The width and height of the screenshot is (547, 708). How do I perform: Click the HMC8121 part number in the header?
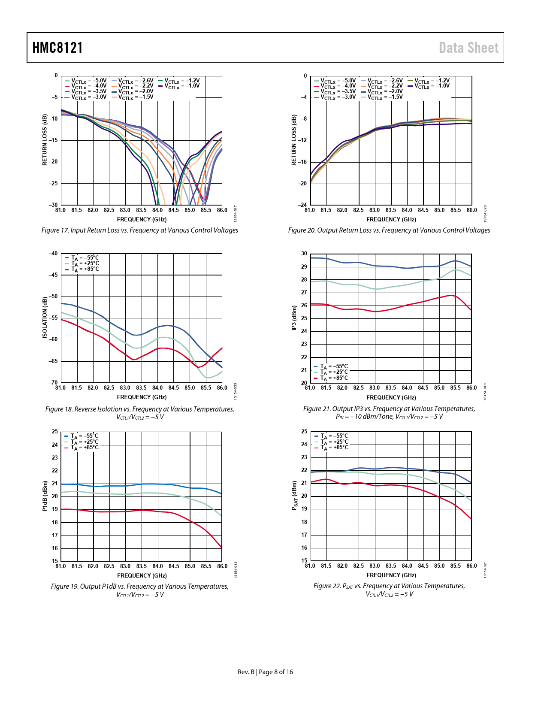click(57, 48)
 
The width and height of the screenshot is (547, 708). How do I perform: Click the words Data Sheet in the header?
click(468, 48)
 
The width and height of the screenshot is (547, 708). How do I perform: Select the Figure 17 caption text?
click(140, 230)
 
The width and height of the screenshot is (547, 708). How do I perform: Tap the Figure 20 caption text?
click(389, 230)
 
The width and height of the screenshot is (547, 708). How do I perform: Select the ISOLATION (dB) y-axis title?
click(45, 318)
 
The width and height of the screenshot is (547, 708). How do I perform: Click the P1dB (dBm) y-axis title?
click(45, 496)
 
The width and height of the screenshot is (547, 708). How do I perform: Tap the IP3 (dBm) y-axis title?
click(294, 318)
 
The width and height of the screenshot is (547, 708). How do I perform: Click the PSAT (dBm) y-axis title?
click(294, 496)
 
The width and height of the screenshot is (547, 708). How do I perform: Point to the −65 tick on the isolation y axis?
click(53, 361)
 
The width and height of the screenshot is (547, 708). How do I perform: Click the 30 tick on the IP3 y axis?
click(304, 254)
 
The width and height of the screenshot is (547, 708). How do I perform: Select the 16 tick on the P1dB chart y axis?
click(55, 548)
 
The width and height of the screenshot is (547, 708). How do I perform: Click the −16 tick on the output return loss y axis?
click(302, 162)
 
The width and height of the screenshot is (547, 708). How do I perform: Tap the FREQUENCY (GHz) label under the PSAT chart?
click(391, 575)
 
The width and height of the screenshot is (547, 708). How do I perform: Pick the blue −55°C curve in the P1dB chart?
click(142, 484)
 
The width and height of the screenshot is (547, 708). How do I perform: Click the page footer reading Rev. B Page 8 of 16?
click(265, 672)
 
